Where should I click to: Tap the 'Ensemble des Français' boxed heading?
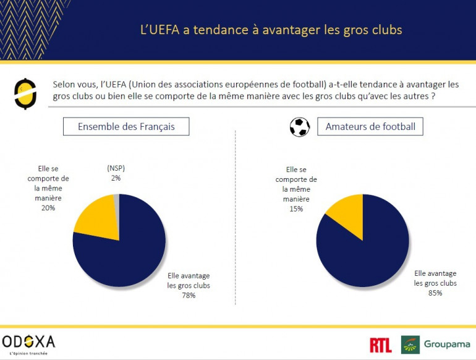coord(126,127)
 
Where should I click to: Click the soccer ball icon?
coord(300,127)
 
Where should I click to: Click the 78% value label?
coord(189,295)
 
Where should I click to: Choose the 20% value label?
coord(48,208)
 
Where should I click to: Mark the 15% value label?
coord(296,208)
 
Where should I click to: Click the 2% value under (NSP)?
coord(116,178)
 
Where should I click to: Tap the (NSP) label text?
coord(116,168)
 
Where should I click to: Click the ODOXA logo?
coord(28,342)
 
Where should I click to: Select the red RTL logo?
coord(380,345)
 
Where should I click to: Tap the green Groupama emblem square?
coord(410,345)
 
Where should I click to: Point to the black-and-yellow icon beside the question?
coord(23,92)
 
